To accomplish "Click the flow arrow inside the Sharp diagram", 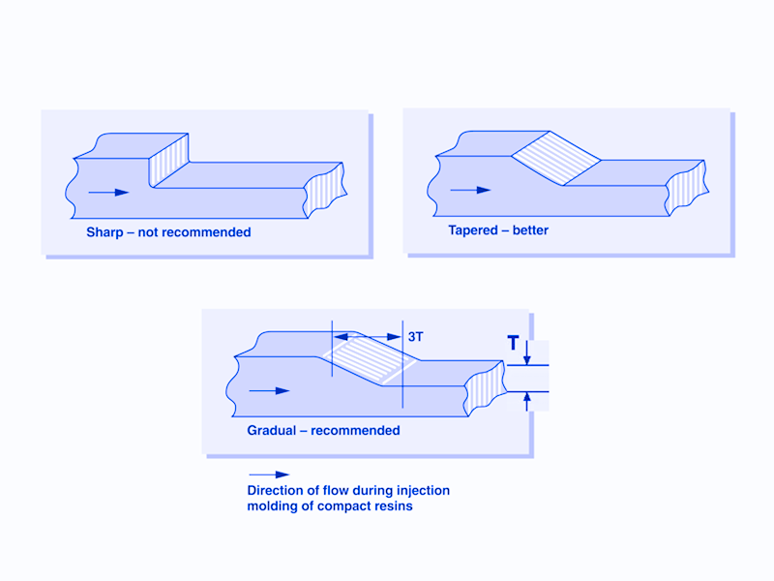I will click(x=108, y=193).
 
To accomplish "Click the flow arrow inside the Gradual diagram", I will click(x=269, y=390).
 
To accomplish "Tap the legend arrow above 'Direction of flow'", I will click(x=269, y=474).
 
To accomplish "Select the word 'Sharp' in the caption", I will click(x=105, y=232).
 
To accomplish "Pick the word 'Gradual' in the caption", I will click(x=271, y=430).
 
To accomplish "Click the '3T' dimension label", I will click(x=416, y=336).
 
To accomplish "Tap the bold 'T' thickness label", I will click(x=513, y=342).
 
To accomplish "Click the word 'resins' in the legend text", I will click(x=393, y=506).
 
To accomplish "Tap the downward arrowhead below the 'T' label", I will click(x=526, y=359).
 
